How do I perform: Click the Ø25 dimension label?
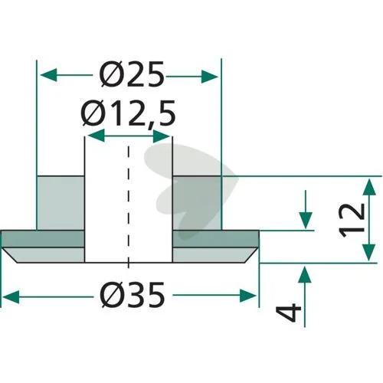[131, 74]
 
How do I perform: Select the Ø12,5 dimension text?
[129, 113]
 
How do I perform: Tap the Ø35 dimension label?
[133, 295]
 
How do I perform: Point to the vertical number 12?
[352, 221]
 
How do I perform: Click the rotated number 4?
[289, 312]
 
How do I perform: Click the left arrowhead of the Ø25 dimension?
[48, 76]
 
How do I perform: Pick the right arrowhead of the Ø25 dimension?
[210, 77]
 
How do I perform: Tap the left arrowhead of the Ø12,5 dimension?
[96, 135]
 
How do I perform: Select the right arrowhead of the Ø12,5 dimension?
[162, 136]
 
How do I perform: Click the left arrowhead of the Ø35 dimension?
[11, 297]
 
